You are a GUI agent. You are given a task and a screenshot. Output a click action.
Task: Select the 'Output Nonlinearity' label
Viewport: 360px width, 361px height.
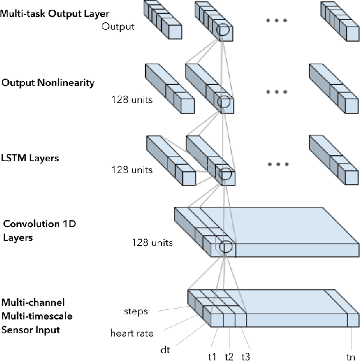coord(47,83)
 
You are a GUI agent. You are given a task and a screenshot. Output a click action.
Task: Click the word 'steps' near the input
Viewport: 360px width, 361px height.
coord(136,311)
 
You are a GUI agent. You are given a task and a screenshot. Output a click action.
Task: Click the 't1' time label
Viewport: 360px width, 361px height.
coord(211,356)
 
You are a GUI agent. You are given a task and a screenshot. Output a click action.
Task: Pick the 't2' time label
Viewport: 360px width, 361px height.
coord(228,356)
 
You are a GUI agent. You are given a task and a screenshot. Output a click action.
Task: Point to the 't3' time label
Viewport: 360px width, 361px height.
coord(246,356)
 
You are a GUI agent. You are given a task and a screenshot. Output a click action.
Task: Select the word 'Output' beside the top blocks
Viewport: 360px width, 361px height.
coord(118,26)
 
